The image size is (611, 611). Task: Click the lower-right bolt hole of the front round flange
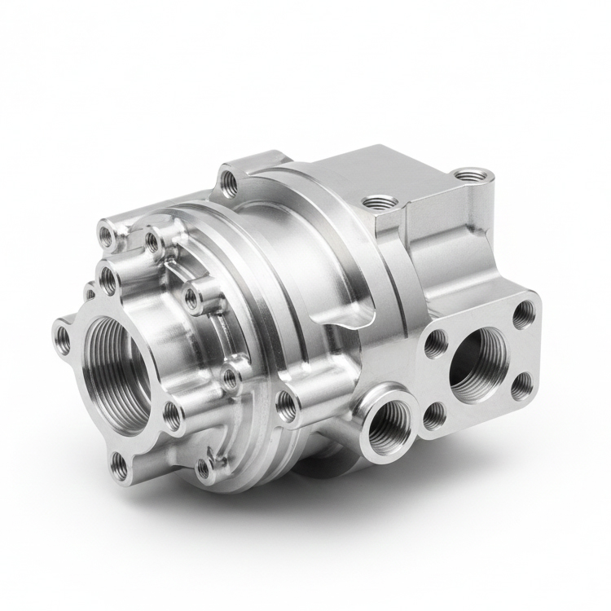click(174, 416)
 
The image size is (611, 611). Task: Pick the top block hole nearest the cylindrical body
click(377, 200)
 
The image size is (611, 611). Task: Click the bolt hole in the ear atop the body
click(230, 181)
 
